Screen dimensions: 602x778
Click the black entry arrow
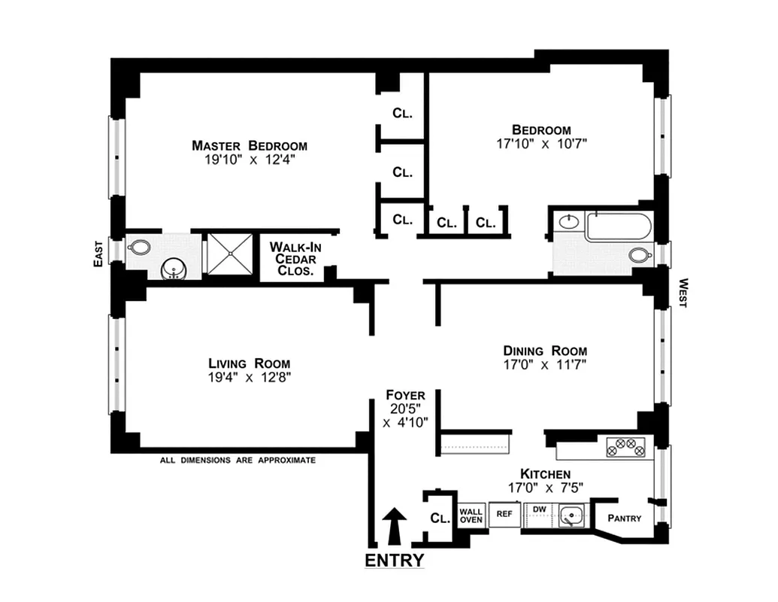395,525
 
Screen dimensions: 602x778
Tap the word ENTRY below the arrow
395,561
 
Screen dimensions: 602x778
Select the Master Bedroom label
249,146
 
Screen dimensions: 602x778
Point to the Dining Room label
545,351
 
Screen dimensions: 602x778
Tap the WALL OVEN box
471,515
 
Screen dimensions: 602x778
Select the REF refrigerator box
504,515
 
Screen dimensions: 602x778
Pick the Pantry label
624,518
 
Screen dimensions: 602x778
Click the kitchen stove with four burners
626,448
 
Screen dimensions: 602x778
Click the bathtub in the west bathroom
619,227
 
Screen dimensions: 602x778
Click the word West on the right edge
683,293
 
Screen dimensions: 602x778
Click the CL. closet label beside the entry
440,518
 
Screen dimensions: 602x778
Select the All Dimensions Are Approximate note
238,460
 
